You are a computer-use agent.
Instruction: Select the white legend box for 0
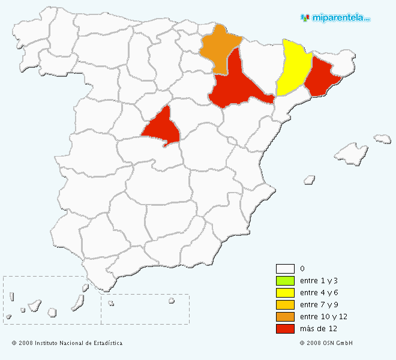click(285, 269)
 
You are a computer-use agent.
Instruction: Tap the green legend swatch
click(285, 281)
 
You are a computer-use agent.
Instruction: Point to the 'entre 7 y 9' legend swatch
click(285, 305)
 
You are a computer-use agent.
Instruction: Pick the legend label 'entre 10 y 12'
click(323, 317)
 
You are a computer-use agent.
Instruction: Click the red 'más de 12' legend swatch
click(285, 329)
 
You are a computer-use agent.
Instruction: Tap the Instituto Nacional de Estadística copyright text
click(67, 343)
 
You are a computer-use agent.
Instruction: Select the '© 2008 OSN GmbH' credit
click(326, 343)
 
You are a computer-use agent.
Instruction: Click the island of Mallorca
click(351, 153)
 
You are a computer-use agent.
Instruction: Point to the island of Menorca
click(383, 139)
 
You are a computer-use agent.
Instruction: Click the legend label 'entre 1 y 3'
click(316, 281)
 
